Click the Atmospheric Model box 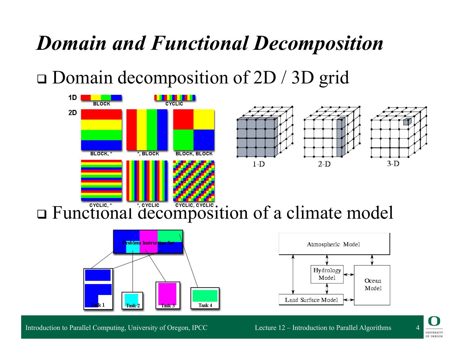(334, 244)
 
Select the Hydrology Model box (327, 274)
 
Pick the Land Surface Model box (311, 300)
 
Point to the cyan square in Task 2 (132, 299)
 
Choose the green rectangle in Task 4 (205, 296)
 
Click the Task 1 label (98, 305)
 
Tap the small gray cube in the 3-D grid (407, 122)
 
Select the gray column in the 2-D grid (340, 137)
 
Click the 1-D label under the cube (258, 164)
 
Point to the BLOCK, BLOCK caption (194, 154)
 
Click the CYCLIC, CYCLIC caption (194, 205)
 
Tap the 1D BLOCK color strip (101, 97)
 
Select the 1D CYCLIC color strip (175, 97)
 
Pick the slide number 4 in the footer (417, 328)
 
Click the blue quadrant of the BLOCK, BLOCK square (204, 140)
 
